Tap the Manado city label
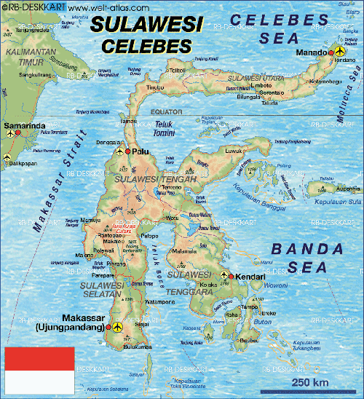click(312, 53)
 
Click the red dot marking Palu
click(127, 151)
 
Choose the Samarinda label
click(21, 126)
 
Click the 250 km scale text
click(309, 383)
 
